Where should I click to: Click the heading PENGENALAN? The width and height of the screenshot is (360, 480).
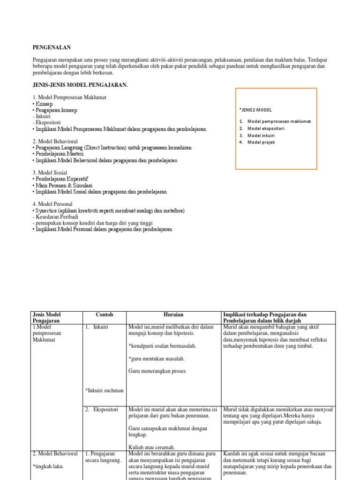52,47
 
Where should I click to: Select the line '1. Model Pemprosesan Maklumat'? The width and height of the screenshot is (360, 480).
70,97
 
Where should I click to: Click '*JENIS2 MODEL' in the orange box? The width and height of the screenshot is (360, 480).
256,110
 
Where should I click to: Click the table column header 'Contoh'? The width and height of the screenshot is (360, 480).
105,315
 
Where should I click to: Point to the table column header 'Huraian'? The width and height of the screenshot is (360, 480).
173,315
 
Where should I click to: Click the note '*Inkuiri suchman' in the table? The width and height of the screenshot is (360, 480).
105,390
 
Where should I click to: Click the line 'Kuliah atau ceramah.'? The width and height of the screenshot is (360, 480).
151,447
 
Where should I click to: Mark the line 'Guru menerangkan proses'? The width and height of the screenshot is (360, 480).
157,371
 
